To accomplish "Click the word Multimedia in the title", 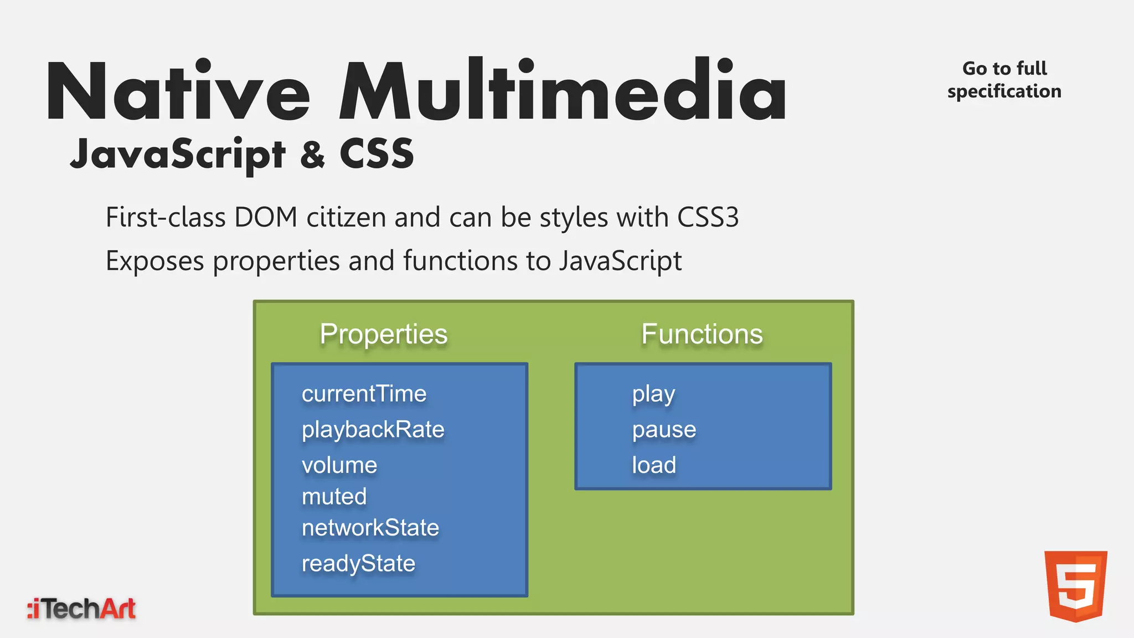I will pyautogui.click(x=562, y=91).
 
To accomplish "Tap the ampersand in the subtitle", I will pyautogui.click(x=312, y=155).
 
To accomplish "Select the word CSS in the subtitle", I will pyautogui.click(x=377, y=154).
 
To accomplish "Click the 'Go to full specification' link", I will pyautogui.click(x=1004, y=80).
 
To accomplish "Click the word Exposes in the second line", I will pyautogui.click(x=154, y=261).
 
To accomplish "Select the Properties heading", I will pyautogui.click(x=383, y=335).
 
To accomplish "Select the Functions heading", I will pyautogui.click(x=702, y=335).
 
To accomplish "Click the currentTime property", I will pyautogui.click(x=364, y=394).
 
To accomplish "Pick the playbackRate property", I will pyautogui.click(x=373, y=430).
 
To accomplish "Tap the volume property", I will pyautogui.click(x=339, y=465).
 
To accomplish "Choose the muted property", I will pyautogui.click(x=334, y=496).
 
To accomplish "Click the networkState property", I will pyautogui.click(x=370, y=528).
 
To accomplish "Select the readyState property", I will pyautogui.click(x=358, y=564).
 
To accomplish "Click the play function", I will pyautogui.click(x=653, y=394).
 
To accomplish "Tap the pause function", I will pyautogui.click(x=664, y=430).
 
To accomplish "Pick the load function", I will pyautogui.click(x=654, y=465).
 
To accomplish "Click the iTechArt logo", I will pyautogui.click(x=81, y=609).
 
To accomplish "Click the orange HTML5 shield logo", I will pyautogui.click(x=1075, y=586).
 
